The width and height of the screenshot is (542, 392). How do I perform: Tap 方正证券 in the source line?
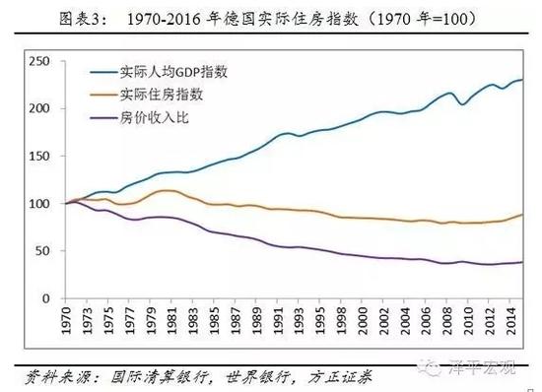pyautogui.click(x=307, y=375)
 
